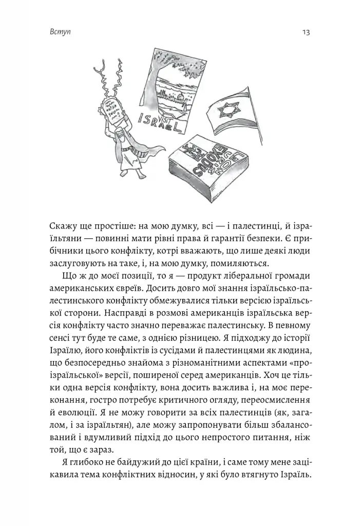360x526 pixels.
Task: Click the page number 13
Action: (306, 33)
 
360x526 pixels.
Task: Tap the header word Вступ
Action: (61, 33)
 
